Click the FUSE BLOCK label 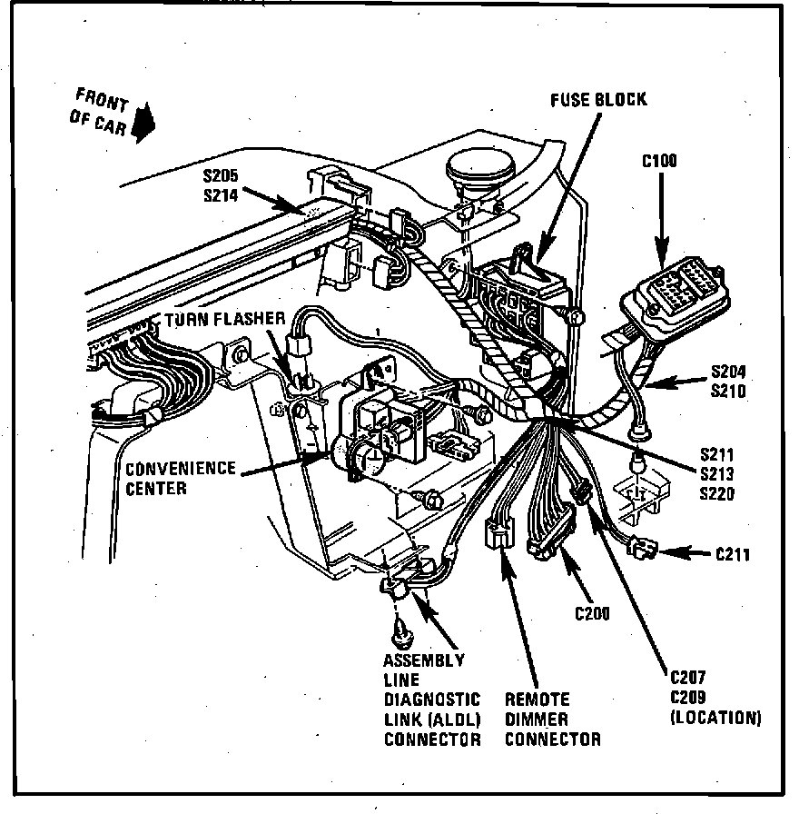tap(598, 99)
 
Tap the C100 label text tap(659, 162)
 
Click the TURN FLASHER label tap(224, 320)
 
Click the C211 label tap(733, 552)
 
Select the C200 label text tap(592, 613)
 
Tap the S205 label tap(220, 176)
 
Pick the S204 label tap(730, 371)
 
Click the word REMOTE tap(537, 700)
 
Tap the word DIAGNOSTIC tap(431, 700)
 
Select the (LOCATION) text tap(715, 718)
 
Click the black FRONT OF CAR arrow tap(141, 124)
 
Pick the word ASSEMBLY tap(423, 660)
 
